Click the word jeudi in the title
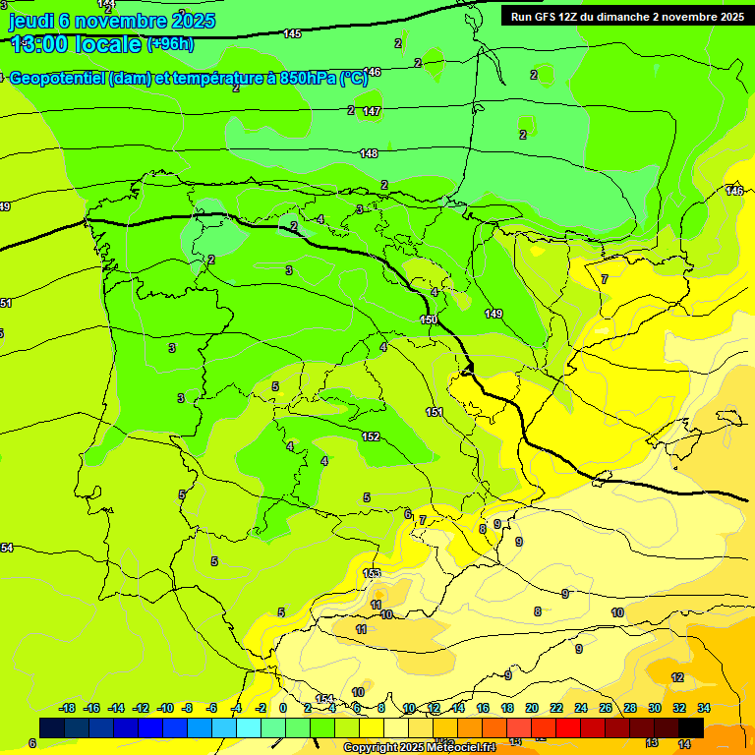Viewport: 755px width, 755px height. click(31, 21)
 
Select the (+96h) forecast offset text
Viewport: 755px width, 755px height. click(170, 44)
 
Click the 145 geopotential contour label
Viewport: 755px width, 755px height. click(292, 34)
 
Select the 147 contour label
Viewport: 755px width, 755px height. click(371, 111)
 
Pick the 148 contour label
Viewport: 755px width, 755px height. click(369, 153)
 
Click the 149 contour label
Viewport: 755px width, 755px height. click(494, 314)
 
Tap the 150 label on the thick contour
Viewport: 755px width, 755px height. click(429, 319)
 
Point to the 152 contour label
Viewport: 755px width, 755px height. click(371, 436)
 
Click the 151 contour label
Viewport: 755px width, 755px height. click(435, 412)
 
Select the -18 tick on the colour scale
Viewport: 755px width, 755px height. click(68, 708)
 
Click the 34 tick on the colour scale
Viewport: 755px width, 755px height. click(704, 708)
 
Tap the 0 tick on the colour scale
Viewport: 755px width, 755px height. click(283, 708)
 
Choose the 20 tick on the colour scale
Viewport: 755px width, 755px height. click(532, 708)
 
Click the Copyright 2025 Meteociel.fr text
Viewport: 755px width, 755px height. click(420, 748)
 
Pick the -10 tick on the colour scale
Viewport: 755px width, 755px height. click(165, 708)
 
